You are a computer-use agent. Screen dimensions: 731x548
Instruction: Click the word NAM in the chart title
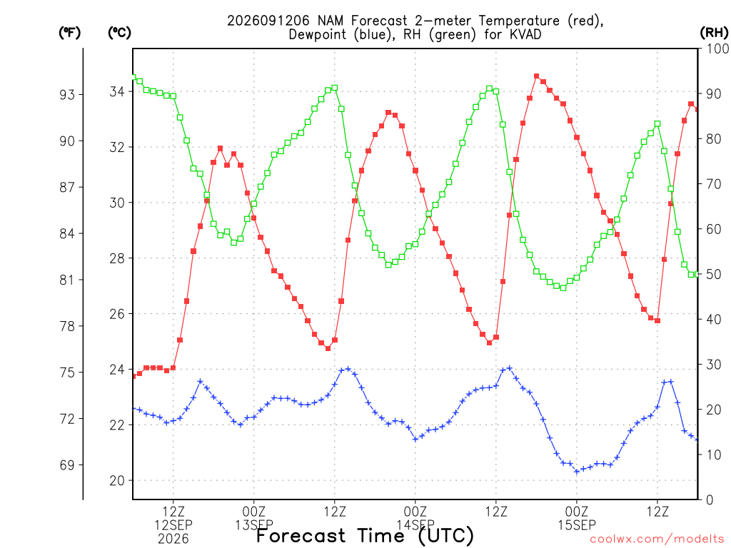point(330,21)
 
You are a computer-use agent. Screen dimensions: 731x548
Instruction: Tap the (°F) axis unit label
point(69,33)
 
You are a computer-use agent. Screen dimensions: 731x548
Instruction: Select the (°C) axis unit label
point(119,33)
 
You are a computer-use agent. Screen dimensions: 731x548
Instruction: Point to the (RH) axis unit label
point(714,33)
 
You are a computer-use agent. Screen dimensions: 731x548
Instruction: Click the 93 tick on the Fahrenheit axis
point(67,95)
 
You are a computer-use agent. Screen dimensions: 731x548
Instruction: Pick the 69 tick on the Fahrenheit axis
point(67,465)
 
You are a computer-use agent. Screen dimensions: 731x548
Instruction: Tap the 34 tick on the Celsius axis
point(117,91)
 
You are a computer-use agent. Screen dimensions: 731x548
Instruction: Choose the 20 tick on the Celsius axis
point(117,480)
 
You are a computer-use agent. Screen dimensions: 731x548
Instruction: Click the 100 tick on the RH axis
point(717,49)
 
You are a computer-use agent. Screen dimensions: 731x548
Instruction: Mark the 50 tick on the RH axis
point(714,274)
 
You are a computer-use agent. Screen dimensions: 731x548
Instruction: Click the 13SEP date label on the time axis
point(254,525)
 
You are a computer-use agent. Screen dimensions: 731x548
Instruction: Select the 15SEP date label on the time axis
point(577,525)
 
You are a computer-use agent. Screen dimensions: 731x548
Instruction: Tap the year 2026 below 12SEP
point(173,539)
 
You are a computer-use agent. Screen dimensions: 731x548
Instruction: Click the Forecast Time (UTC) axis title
point(365,536)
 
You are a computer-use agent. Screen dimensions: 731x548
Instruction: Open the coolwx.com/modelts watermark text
point(657,539)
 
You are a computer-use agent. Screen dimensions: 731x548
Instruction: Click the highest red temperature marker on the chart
point(537,76)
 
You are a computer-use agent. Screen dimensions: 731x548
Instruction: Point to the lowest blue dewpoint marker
point(577,472)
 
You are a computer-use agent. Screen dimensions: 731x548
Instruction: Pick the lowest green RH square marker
point(563,288)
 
